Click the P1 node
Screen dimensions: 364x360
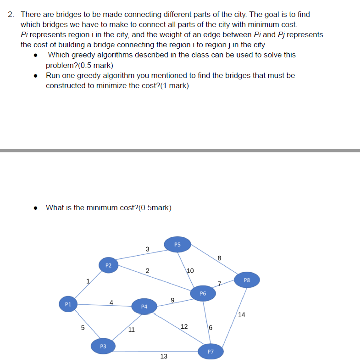(x=68, y=304)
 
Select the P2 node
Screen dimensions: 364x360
(x=108, y=265)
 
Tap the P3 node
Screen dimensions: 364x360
(x=103, y=346)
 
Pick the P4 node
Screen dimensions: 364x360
(x=144, y=306)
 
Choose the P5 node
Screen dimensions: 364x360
(x=178, y=245)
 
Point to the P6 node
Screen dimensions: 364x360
(x=203, y=293)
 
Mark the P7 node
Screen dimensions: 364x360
(x=210, y=352)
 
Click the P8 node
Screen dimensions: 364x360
(x=247, y=280)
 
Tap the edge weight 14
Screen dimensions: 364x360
(x=242, y=315)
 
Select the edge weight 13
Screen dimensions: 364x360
(x=164, y=356)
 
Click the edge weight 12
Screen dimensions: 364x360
(x=184, y=326)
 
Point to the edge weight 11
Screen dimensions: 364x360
(x=131, y=329)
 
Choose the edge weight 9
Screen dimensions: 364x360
(x=172, y=300)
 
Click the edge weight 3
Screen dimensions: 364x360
(x=147, y=249)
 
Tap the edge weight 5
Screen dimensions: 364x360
(x=83, y=328)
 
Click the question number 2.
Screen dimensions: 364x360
(x=11, y=14)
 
